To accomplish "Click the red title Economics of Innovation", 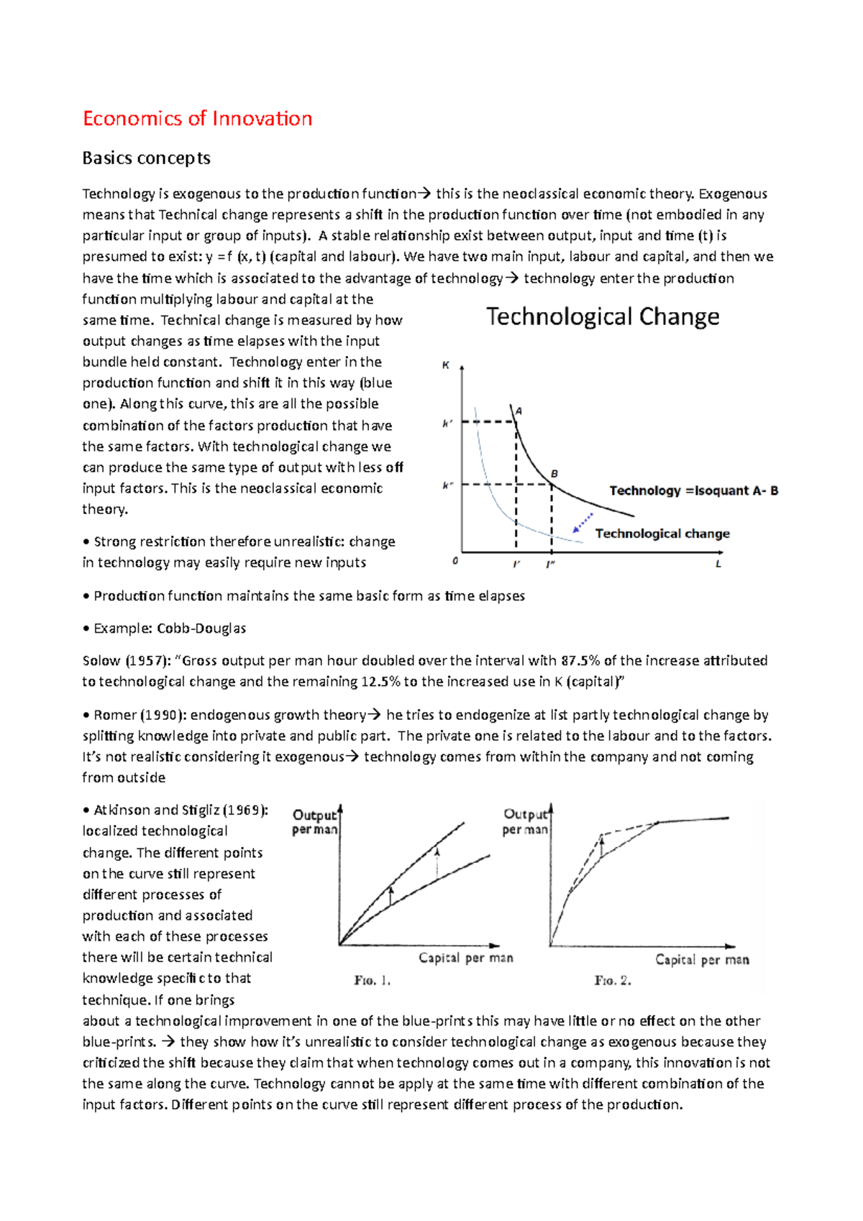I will [197, 119].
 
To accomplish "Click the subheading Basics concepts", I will [146, 158].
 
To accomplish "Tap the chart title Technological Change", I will [603, 316].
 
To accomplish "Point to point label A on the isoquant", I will [519, 411].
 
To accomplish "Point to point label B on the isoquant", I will [554, 473].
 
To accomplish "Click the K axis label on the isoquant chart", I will [446, 365].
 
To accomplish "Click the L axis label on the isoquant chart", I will [718, 564].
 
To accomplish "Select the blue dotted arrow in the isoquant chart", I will [583, 522].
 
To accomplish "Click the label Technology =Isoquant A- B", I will [693, 490].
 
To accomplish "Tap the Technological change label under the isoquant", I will [662, 534].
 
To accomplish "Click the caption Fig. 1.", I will [372, 980].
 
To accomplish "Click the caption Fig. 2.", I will [613, 980].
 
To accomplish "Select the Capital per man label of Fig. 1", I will [466, 958].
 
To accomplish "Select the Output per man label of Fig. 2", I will [525, 821].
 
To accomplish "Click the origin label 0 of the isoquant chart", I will [455, 561].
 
